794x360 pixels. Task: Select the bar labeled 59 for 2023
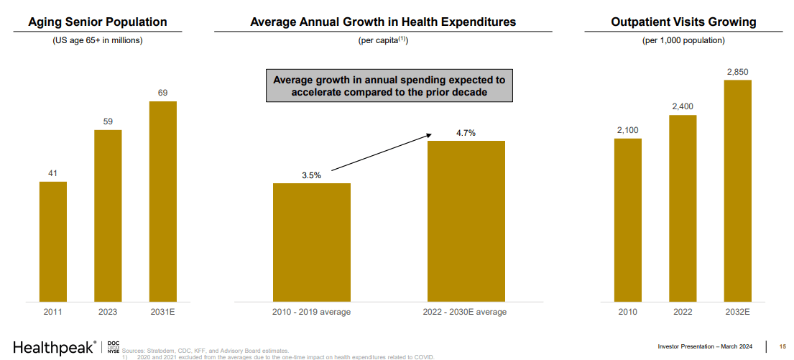point(108,215)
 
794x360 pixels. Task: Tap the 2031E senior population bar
point(162,200)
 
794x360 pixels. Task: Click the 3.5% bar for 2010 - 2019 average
point(311,241)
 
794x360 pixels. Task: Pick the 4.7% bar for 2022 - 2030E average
point(466,221)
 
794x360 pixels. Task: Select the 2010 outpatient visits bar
point(627,219)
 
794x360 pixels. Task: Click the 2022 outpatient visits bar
point(683,208)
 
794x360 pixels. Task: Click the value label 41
point(53,173)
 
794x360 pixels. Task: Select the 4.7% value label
point(466,133)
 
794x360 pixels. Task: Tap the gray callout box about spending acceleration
point(389,86)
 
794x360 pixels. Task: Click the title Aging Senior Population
point(98,22)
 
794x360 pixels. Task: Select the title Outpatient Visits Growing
point(683,22)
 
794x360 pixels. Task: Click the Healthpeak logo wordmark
point(54,347)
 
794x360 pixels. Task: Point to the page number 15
point(783,347)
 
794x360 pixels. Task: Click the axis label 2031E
point(162,312)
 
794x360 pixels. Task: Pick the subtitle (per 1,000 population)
point(683,40)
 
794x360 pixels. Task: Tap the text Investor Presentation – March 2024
point(705,347)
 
